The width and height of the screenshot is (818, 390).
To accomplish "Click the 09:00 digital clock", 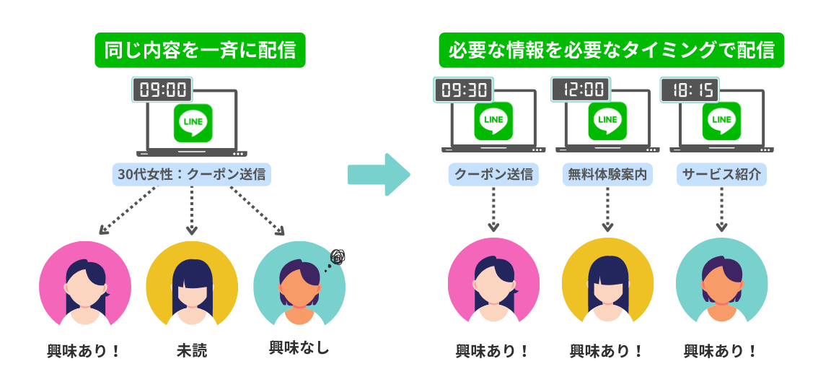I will [163, 90].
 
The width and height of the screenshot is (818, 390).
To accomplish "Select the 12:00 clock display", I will [581, 90].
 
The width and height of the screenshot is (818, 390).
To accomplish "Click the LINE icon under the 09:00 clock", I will [193, 123].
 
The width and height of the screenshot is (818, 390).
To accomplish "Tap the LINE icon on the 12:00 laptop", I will [607, 120].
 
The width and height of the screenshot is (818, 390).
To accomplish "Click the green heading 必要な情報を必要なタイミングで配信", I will [612, 51].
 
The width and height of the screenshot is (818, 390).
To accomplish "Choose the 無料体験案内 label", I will [607, 175].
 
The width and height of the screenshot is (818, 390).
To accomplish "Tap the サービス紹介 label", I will [721, 175].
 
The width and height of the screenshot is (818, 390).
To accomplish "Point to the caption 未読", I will [192, 351].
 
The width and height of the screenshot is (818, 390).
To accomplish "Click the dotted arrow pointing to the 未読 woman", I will [192, 209].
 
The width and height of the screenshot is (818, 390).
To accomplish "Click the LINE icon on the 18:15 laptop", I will [721, 120].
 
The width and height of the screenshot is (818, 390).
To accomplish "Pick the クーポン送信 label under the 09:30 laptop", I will [493, 175].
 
